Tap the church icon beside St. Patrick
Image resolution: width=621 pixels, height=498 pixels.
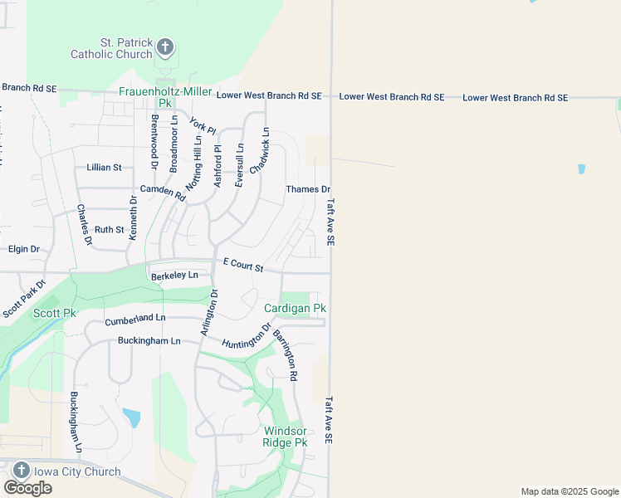pyautogui.click(x=165, y=47)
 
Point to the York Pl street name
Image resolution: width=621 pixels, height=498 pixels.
pyautogui.click(x=202, y=125)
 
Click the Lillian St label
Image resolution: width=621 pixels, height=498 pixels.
pyautogui.click(x=104, y=168)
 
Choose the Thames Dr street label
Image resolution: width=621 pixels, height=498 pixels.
pyautogui.click(x=308, y=189)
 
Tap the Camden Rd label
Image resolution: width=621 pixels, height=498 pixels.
pyautogui.click(x=162, y=192)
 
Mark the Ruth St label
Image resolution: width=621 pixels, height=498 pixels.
pyautogui.click(x=109, y=230)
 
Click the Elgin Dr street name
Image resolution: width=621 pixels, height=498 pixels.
pyautogui.click(x=23, y=249)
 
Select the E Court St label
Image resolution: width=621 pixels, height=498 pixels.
pyautogui.click(x=242, y=265)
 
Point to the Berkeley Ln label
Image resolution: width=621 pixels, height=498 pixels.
pyautogui.click(x=174, y=276)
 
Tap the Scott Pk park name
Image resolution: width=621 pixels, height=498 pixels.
pyautogui.click(x=55, y=313)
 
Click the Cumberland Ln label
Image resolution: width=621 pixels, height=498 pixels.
pyautogui.click(x=134, y=319)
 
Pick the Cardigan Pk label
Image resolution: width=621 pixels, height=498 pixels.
pyautogui.click(x=295, y=308)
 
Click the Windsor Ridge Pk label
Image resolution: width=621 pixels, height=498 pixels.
pyautogui.click(x=285, y=437)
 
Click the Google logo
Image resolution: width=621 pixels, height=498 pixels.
pyautogui.click(x=27, y=488)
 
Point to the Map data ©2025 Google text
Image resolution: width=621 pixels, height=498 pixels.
pyautogui.click(x=570, y=491)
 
